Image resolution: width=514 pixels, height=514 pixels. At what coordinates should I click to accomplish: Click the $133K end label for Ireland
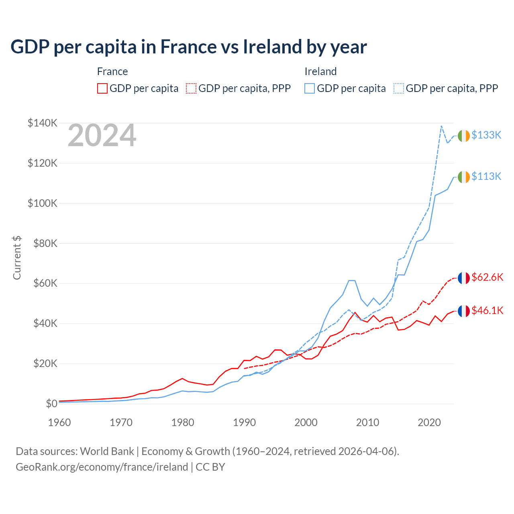486,135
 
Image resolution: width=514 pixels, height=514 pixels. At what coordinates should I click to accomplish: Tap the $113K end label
486,177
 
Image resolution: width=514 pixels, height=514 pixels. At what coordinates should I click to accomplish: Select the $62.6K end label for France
487,277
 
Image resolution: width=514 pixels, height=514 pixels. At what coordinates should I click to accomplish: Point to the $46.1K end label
487,311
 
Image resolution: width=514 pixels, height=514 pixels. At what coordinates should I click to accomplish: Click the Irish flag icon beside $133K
464,136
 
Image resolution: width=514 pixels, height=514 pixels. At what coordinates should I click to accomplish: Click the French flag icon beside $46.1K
464,311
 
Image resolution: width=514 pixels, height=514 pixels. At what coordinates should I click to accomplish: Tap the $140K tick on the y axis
43,123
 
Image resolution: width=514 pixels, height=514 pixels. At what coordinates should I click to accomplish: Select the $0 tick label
51,404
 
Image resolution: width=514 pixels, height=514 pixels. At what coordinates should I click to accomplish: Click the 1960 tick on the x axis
59,422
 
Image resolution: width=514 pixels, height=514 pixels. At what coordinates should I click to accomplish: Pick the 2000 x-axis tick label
306,422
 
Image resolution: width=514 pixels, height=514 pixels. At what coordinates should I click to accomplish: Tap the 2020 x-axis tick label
429,422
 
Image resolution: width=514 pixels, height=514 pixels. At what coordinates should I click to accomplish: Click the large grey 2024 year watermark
102,136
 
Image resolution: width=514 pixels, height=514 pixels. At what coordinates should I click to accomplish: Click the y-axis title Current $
17,258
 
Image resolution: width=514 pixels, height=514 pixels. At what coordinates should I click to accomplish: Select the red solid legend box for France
102,88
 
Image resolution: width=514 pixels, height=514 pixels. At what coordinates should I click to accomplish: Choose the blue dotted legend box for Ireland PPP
399,88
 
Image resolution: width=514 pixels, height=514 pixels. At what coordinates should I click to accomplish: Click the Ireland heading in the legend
320,71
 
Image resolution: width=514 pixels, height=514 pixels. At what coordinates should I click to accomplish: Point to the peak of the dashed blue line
441,126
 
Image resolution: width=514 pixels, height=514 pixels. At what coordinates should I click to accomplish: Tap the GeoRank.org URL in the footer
102,467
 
